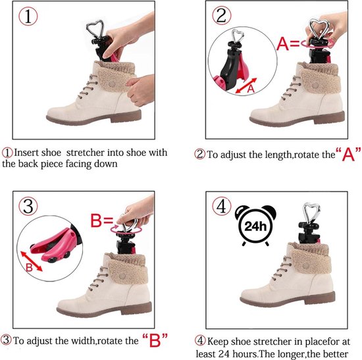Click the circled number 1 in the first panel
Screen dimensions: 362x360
click(x=28, y=16)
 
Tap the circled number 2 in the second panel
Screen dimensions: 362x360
click(x=221, y=16)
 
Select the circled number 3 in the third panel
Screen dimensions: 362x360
click(x=28, y=206)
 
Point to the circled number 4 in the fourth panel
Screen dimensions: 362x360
click(x=222, y=206)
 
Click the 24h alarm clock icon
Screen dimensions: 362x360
click(x=255, y=226)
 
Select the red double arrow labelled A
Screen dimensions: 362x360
click(x=246, y=86)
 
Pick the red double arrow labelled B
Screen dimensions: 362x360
click(x=32, y=261)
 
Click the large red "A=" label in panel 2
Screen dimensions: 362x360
click(x=288, y=43)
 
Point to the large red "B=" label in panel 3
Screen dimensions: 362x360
click(x=101, y=220)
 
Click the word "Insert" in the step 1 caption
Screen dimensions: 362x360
click(x=25, y=153)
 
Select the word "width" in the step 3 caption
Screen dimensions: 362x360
click(x=83, y=341)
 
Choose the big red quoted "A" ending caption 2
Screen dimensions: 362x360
click(x=348, y=153)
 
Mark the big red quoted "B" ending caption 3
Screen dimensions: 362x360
click(x=155, y=340)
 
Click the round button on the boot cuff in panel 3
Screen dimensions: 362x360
click(x=122, y=276)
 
